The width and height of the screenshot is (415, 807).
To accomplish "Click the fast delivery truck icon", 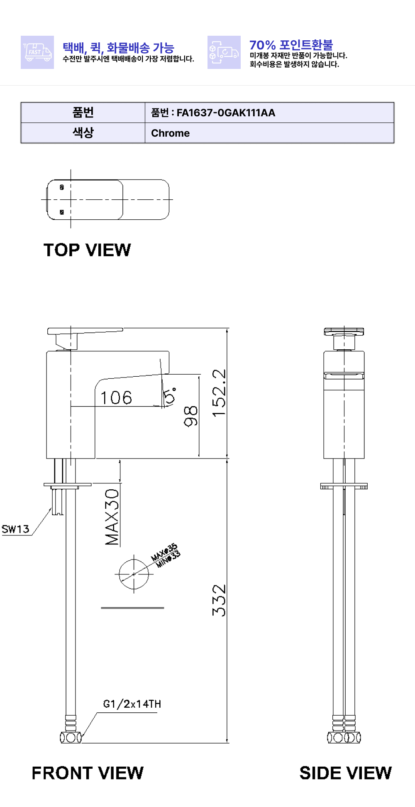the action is [37, 52].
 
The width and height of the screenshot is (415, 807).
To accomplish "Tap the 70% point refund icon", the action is [224, 52].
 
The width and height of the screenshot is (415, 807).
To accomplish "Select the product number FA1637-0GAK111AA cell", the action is [269, 113].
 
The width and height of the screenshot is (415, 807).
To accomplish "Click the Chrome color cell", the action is [269, 133].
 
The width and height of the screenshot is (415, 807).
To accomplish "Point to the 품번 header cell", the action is [83, 113].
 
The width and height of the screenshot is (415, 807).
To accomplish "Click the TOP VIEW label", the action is [87, 250].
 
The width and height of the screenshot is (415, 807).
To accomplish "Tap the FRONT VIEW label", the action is [88, 773].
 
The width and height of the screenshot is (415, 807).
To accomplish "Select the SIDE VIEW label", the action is [346, 773].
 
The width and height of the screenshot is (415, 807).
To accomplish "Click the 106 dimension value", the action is [116, 397].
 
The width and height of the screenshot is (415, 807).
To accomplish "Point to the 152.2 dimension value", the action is [219, 393].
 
